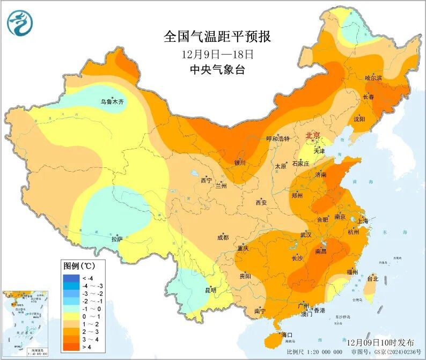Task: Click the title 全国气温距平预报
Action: (x=217, y=36)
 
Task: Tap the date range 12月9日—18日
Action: (x=217, y=54)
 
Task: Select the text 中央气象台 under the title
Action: (x=217, y=70)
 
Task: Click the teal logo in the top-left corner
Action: (x=20, y=23)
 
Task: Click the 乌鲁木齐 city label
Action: (x=112, y=101)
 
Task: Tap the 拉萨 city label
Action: (x=116, y=238)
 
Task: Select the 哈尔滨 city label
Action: (x=373, y=78)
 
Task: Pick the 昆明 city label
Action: (x=210, y=290)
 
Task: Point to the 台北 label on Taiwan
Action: (x=372, y=278)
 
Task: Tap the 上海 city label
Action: (x=362, y=221)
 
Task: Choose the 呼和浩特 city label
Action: (x=278, y=138)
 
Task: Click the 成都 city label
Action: (x=223, y=237)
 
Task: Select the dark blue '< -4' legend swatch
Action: (x=71, y=277)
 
